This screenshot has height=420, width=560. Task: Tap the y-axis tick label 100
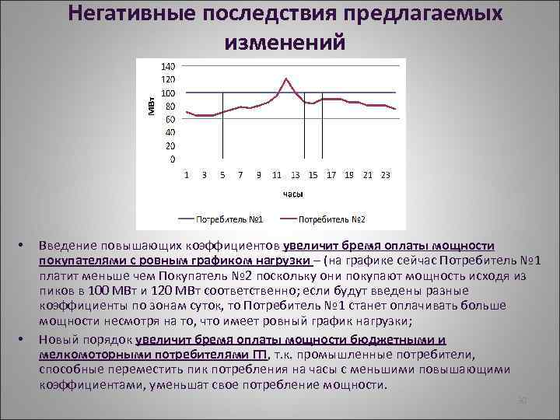[x=168, y=93]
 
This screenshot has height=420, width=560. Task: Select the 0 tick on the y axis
[x=172, y=159]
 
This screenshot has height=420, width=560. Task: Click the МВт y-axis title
[x=152, y=102]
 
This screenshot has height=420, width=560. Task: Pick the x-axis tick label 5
[x=222, y=175]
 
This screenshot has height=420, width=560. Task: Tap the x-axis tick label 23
[x=385, y=175]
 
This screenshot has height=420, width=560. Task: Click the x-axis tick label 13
[x=296, y=175]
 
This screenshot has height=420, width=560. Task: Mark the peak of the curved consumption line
[x=286, y=79]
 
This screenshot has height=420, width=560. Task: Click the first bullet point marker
[x=21, y=247]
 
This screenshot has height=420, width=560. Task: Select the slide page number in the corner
[x=523, y=401]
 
